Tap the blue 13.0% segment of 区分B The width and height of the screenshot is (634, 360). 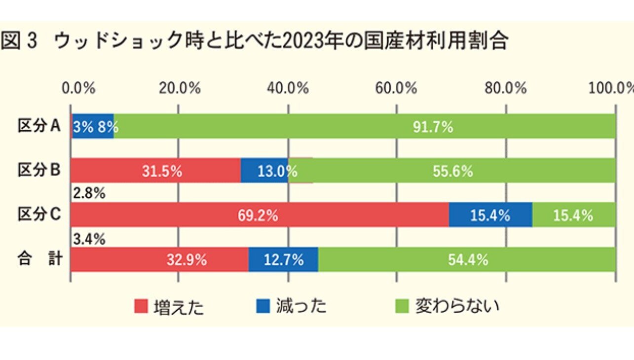pos(264,171)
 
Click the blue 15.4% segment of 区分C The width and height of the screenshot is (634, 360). pos(490,215)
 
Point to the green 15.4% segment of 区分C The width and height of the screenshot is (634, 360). pos(573,215)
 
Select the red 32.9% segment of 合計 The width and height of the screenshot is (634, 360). pos(159,259)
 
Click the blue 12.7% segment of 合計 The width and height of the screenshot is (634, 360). pos(283,259)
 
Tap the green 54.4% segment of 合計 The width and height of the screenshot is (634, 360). pos(467,259)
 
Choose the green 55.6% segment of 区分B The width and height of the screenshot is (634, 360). pos(452,171)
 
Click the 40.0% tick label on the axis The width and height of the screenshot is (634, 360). pos(288,89)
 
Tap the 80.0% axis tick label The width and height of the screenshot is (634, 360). pos(506,89)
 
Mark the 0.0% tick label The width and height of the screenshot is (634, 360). pos(78,89)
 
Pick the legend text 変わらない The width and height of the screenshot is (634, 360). pos(457,306)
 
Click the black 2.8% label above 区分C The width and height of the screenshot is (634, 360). pos(89,194)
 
